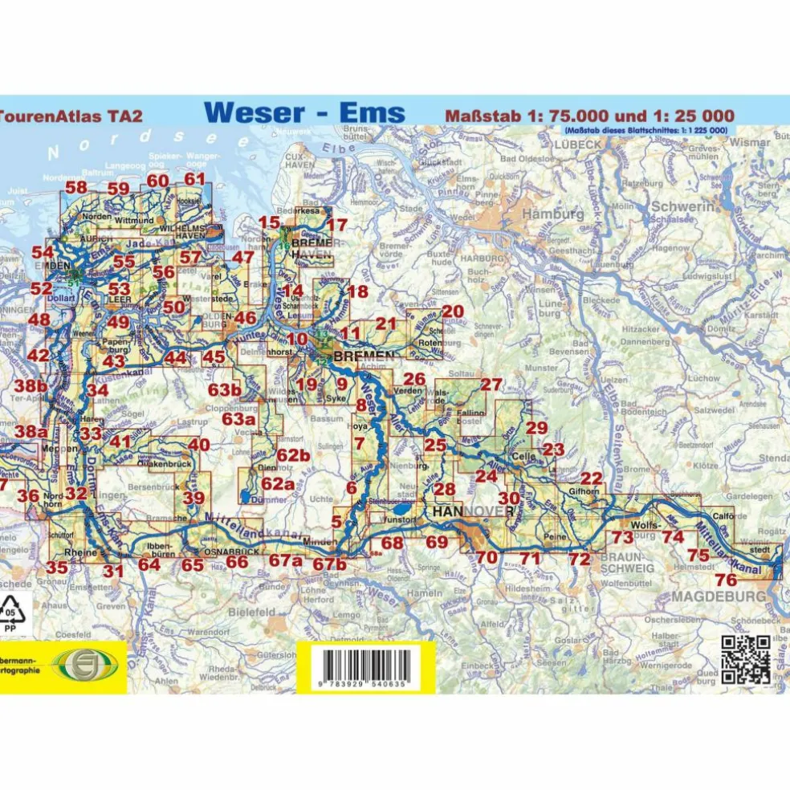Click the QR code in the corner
[x=747, y=659]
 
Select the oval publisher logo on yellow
[x=85, y=664]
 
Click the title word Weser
[x=258, y=112]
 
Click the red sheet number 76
[x=726, y=580]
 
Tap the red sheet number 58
[x=76, y=188]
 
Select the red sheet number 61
[x=195, y=180]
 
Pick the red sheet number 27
[x=491, y=384]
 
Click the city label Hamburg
[x=553, y=215]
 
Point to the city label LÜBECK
[x=577, y=145]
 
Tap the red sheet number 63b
[x=225, y=391]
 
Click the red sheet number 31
[x=113, y=572]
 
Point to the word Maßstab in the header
[x=477, y=114]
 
